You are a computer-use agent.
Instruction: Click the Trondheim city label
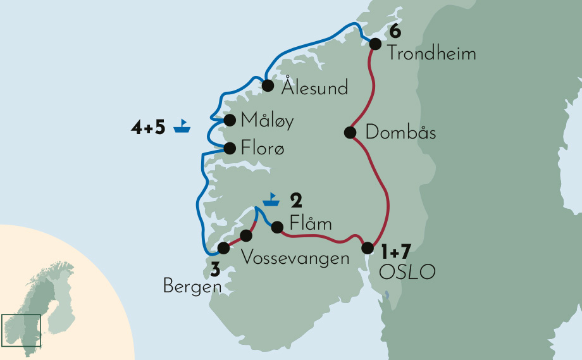click(x=431, y=53)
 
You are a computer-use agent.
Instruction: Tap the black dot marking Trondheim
click(x=375, y=44)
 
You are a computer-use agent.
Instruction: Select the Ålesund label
click(x=315, y=87)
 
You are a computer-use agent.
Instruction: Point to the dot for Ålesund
click(x=268, y=85)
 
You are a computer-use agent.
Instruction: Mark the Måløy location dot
click(x=230, y=120)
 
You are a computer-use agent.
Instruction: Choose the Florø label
click(x=263, y=149)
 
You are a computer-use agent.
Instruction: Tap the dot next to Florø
click(x=230, y=148)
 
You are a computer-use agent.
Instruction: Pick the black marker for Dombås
click(x=349, y=132)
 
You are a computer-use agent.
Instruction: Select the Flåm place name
click(x=310, y=224)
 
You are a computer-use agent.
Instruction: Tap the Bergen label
click(x=192, y=287)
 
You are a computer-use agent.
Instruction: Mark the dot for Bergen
click(x=223, y=248)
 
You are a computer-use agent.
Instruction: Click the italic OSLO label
click(x=407, y=272)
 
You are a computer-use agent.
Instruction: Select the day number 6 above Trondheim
click(x=396, y=30)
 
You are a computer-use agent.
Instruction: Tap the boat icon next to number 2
click(x=271, y=200)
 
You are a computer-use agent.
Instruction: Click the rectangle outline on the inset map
click(x=22, y=330)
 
